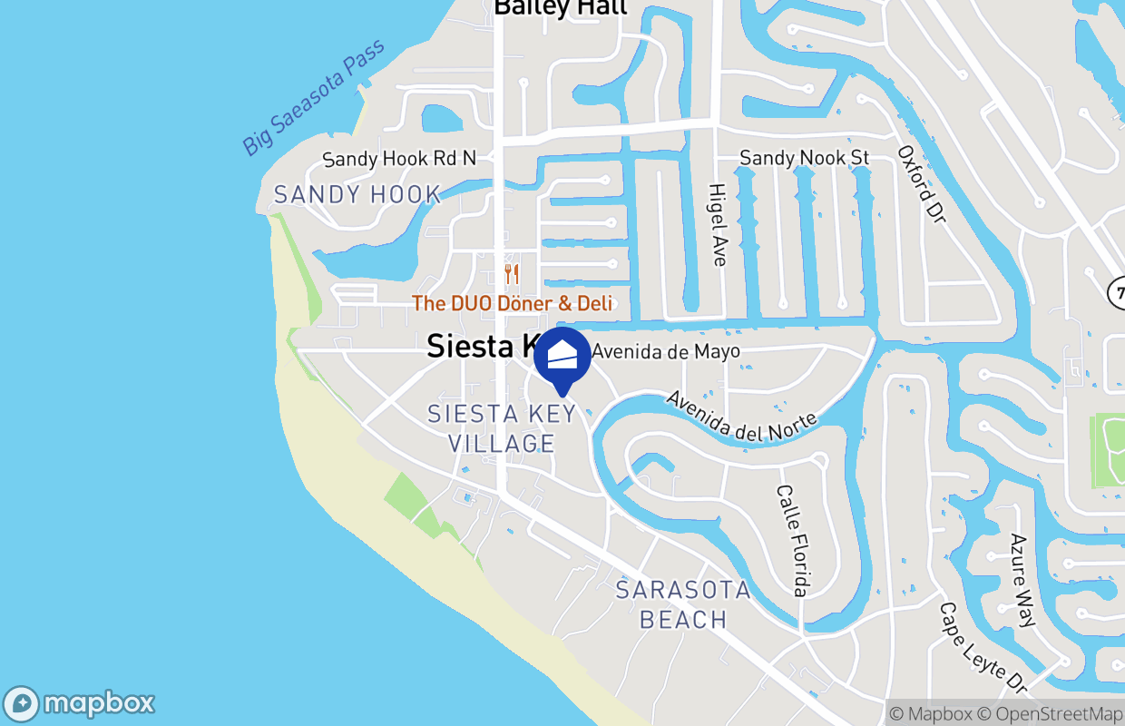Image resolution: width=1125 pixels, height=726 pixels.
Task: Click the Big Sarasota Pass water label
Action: pos(313,97)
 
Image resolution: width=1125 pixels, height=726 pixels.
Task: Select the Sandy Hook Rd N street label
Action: pos(399,159)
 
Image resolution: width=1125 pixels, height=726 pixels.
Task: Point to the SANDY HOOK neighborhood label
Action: pos(357,194)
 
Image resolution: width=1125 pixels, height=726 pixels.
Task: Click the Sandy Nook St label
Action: pos(804,158)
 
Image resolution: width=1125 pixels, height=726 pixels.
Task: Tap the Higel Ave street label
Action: pos(718,225)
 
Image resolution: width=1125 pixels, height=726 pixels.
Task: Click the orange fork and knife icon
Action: pos(512,273)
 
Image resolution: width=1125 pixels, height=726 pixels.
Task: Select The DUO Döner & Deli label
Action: pos(513,303)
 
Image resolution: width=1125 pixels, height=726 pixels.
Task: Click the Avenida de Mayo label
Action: pos(666,351)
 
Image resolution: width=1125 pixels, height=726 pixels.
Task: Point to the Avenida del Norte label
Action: pos(742,417)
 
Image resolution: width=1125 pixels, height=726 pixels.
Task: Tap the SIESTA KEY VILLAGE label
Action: pos(502,428)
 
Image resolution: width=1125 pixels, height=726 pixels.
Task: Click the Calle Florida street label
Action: pos(791,540)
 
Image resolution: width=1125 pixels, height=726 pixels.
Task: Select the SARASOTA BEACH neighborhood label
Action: pos(683,604)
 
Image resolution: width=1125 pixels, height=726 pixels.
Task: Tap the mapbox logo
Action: pos(80,703)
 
